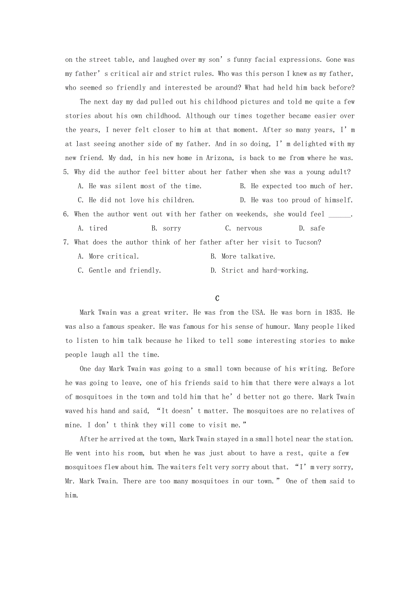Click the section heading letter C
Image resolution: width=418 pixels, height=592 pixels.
(x=217, y=298)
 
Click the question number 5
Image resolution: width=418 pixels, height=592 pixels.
(x=66, y=172)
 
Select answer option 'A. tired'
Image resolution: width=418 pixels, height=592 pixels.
(x=93, y=228)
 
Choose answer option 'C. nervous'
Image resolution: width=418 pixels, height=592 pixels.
(x=244, y=228)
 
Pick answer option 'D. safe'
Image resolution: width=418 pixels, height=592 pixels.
(x=312, y=228)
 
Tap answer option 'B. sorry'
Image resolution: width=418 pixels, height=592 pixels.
(x=166, y=228)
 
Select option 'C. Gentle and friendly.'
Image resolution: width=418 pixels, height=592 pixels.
(x=119, y=271)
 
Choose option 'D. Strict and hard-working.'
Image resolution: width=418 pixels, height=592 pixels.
(x=259, y=271)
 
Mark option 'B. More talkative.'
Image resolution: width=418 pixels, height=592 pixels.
(x=243, y=256)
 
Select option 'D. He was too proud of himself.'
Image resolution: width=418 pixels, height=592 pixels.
(x=296, y=200)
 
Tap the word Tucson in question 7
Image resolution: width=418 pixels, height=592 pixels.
(x=307, y=242)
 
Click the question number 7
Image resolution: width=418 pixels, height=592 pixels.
(x=66, y=242)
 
